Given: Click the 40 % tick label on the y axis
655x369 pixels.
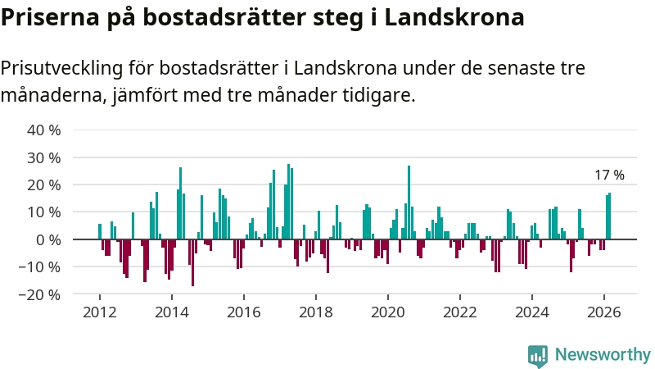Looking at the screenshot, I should tap(44, 130).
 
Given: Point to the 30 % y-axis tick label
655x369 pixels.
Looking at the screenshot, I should tap(44, 157).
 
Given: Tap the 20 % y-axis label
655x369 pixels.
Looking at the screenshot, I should tap(44, 184).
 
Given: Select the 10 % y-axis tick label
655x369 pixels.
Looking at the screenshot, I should tap(44, 212).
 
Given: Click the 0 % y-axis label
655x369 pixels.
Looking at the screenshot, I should tap(48, 239).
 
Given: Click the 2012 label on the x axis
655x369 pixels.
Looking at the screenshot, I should tap(100, 312).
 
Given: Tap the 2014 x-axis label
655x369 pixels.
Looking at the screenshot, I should tap(172, 312).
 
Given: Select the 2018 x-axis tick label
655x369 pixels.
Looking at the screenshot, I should tap(316, 312).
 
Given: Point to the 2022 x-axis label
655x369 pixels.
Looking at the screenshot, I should tap(460, 312).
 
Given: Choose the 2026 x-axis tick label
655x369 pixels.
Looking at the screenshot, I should tap(603, 312).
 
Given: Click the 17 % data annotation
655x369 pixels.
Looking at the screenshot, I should tap(609, 175).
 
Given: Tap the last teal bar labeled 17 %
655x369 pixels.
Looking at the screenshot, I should tap(609, 216).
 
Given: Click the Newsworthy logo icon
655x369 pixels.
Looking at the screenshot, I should tap(538, 355).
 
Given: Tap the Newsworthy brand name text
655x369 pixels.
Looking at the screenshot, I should tap(603, 355).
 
